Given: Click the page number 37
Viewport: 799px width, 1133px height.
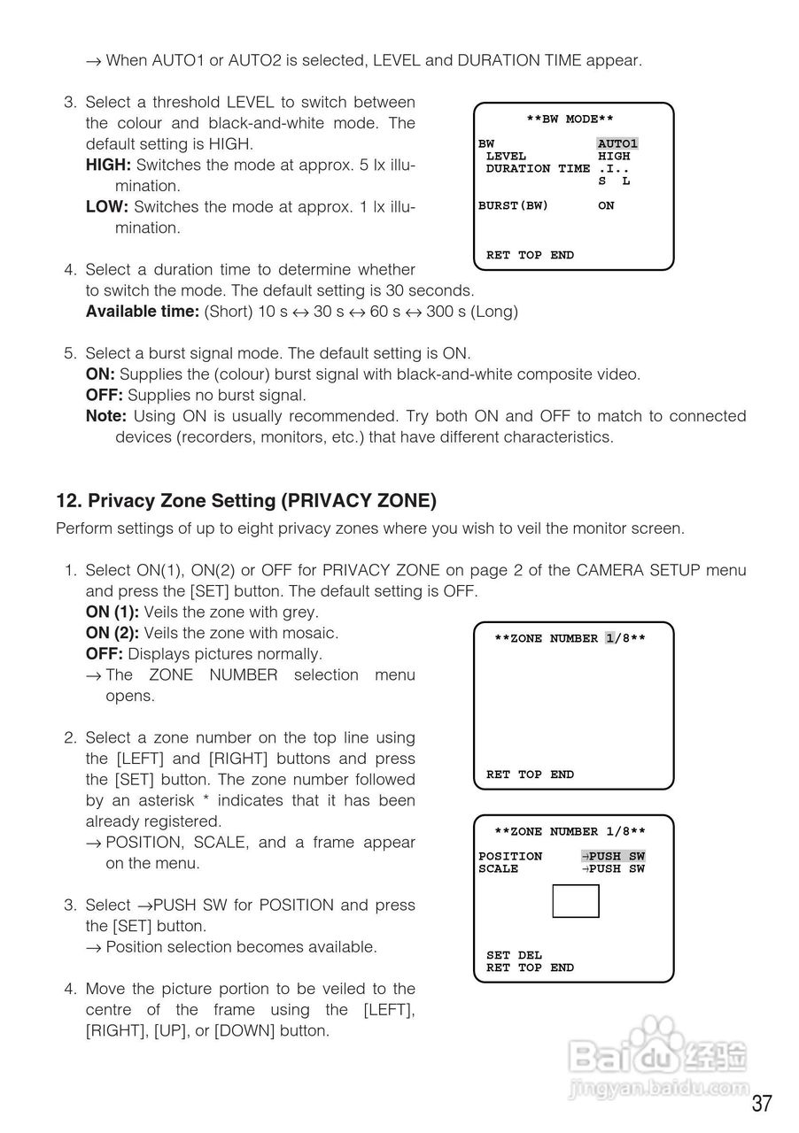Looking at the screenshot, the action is (x=762, y=1103).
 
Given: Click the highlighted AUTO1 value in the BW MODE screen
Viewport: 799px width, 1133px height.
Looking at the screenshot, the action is (x=617, y=143).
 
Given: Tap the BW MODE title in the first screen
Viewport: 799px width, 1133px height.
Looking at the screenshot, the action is (x=570, y=119).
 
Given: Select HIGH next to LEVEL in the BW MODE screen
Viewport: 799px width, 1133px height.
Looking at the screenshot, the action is (x=614, y=157).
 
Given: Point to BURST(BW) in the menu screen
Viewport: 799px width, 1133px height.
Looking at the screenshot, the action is (x=513, y=206).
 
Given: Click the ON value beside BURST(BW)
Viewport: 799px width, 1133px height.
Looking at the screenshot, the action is (x=606, y=206).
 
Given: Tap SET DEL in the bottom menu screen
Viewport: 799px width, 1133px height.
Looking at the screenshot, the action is (x=514, y=955).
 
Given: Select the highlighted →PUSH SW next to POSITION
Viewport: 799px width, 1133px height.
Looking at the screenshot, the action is (x=613, y=856).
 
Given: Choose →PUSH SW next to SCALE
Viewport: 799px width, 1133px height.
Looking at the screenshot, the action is (x=613, y=868).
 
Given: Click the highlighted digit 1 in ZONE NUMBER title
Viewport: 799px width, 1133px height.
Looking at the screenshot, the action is (x=610, y=638).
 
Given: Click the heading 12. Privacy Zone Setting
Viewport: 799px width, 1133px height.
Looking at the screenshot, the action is (x=246, y=501).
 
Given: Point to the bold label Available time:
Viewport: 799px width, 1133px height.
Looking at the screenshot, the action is (x=143, y=311).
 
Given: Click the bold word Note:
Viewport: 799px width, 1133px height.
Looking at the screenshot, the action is (x=105, y=416).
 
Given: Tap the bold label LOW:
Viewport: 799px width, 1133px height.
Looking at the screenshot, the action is (x=107, y=206).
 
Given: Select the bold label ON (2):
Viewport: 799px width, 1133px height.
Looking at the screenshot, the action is (x=112, y=633).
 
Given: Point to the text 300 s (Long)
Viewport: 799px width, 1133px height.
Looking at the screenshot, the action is (x=472, y=311).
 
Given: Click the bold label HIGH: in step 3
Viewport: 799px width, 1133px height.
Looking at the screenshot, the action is (x=108, y=165).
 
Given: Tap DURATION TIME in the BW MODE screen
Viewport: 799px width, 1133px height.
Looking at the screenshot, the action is (x=538, y=168).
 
